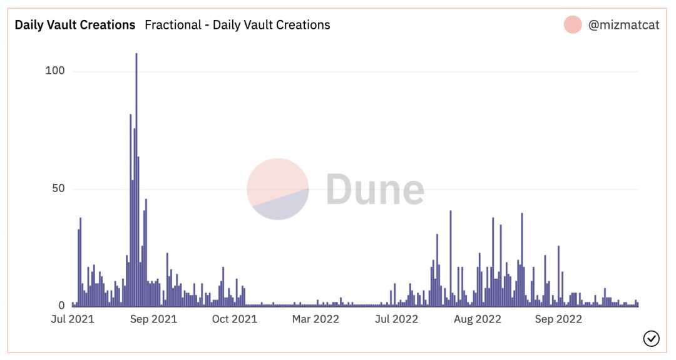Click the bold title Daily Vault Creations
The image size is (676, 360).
[x=75, y=25]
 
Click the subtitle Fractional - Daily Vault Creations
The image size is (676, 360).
[x=237, y=25]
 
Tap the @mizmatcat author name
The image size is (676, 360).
[x=623, y=25]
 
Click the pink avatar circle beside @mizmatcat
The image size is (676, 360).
[x=573, y=25]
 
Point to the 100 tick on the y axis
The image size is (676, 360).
[x=55, y=71]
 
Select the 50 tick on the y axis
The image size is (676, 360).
[x=58, y=188]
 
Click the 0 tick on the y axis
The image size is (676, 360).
[x=61, y=306]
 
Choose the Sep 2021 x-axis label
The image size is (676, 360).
[x=153, y=319]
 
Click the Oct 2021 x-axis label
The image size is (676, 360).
[x=234, y=319]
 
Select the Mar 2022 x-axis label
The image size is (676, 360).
[x=315, y=319]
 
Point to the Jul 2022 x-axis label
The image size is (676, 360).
[x=396, y=319]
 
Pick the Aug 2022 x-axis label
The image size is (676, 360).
[x=478, y=319]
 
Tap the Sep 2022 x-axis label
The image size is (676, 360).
[x=558, y=319]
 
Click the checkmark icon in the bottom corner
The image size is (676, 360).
[x=651, y=339]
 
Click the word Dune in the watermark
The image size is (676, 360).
[x=375, y=189]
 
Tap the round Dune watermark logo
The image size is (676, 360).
[x=278, y=189]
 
